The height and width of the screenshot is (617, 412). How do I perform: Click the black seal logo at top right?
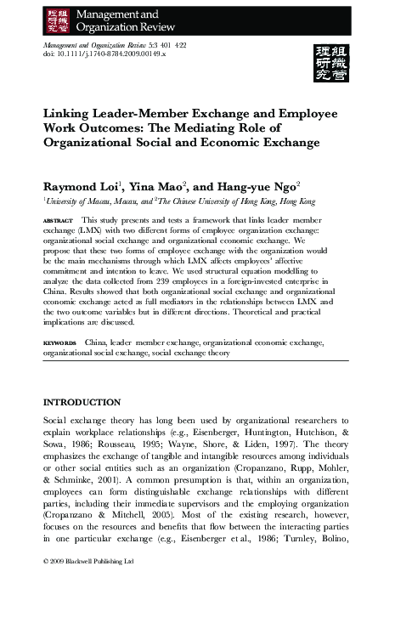point(336,60)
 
